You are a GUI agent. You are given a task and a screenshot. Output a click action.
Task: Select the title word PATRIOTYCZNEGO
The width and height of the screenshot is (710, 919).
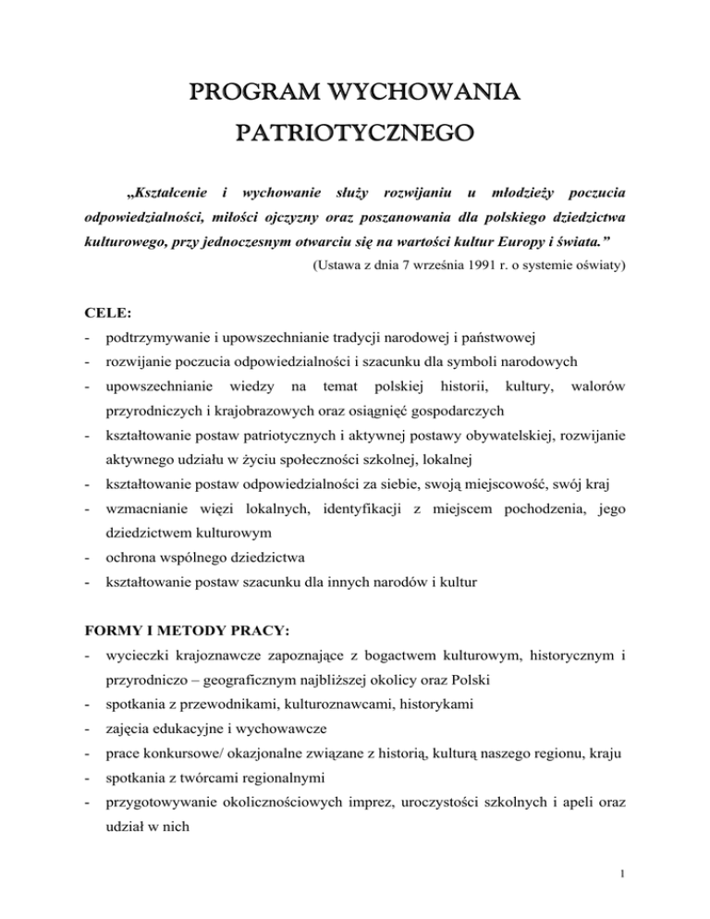pyautogui.click(x=355, y=141)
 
